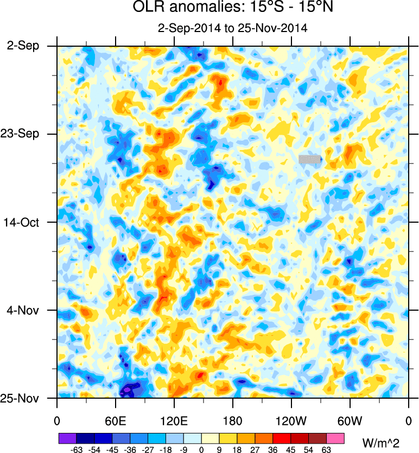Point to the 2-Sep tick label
click(x=23, y=46)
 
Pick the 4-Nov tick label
click(x=23, y=310)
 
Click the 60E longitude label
click(x=116, y=420)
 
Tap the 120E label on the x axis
click(x=174, y=420)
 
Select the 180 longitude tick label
click(x=233, y=420)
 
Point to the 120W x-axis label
click(x=291, y=420)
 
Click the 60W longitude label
click(x=350, y=420)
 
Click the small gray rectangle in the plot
click(x=309, y=159)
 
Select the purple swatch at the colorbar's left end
click(x=67, y=438)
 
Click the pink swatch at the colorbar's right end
click(x=335, y=438)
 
